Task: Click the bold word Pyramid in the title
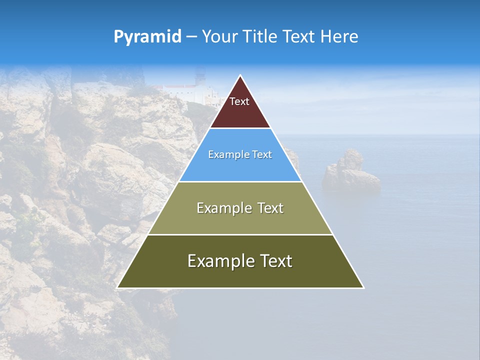point(147,37)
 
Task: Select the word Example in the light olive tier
point(222,208)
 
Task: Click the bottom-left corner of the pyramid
point(117,287)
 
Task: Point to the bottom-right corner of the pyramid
point(363,287)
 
